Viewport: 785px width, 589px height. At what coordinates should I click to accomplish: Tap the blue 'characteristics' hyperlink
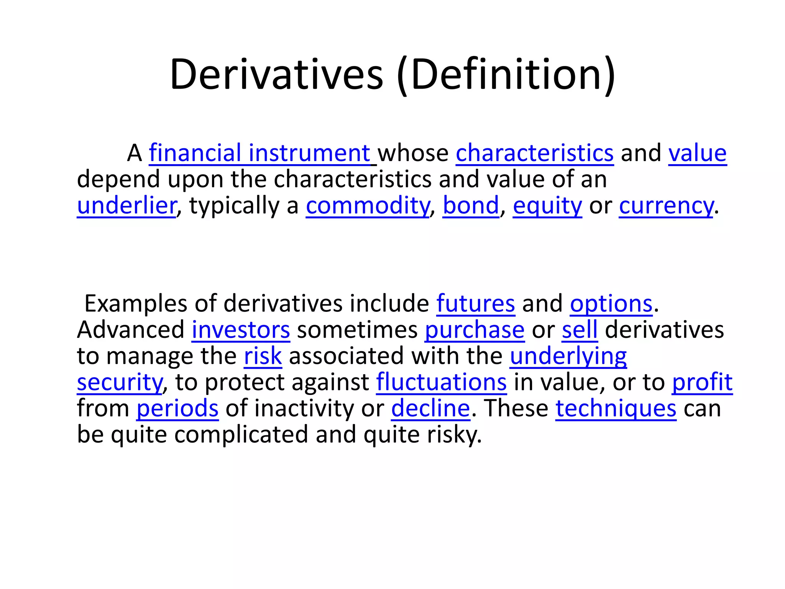534,153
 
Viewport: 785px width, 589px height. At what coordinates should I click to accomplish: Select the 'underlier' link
126,206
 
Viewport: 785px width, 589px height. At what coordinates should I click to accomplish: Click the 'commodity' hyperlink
368,206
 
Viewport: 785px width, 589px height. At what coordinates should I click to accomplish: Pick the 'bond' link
471,206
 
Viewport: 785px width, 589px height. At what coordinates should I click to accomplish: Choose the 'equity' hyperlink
547,206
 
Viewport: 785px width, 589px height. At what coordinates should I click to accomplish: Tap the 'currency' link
666,206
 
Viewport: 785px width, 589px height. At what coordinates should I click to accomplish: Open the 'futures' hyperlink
475,304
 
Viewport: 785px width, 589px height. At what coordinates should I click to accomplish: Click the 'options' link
611,304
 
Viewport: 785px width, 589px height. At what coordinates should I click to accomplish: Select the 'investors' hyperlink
241,330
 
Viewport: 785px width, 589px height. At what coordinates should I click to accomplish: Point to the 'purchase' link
475,330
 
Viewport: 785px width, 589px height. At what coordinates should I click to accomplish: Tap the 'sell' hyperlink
580,330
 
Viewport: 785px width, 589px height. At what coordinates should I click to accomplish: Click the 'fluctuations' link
441,382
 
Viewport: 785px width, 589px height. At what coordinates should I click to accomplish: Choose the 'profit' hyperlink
702,382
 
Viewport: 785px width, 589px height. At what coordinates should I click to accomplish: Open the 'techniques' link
616,408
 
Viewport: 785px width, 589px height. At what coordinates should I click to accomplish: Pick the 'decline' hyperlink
430,408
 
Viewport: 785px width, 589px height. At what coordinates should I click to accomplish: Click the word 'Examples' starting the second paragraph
136,304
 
